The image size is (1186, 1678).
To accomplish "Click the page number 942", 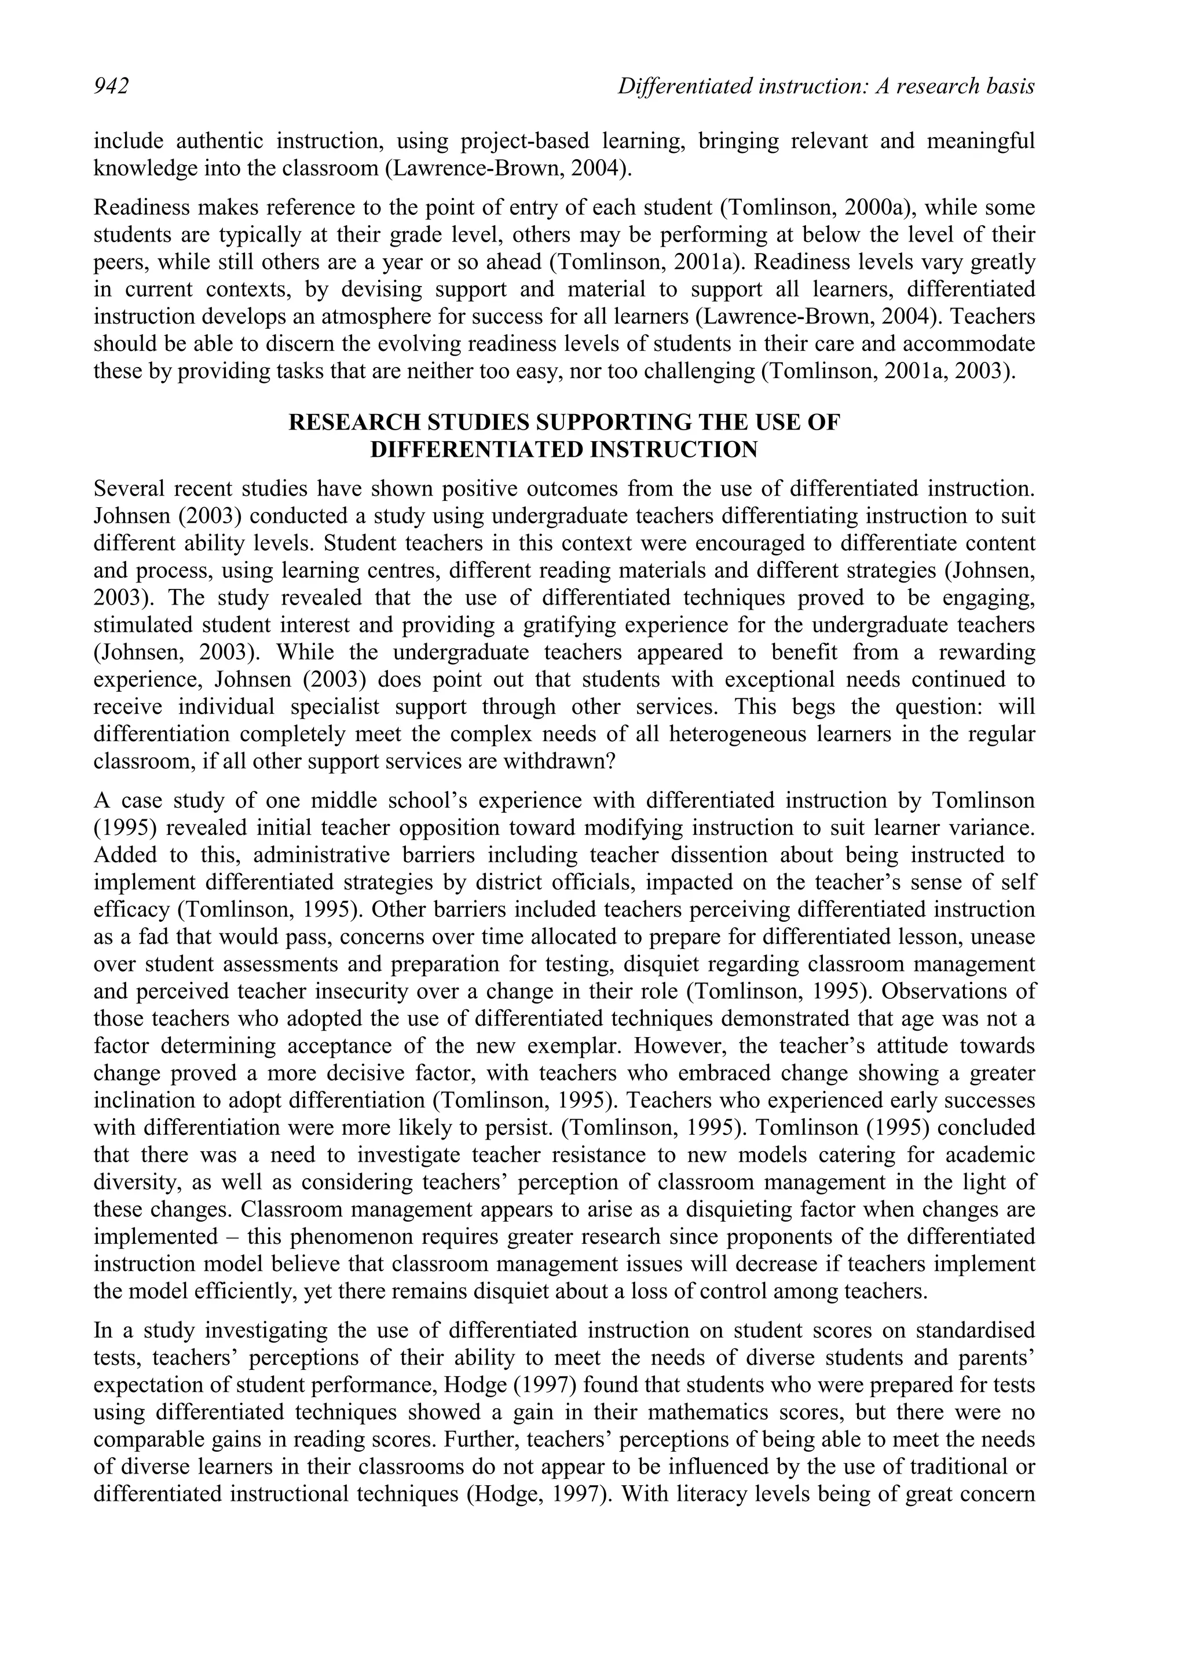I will tap(111, 87).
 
